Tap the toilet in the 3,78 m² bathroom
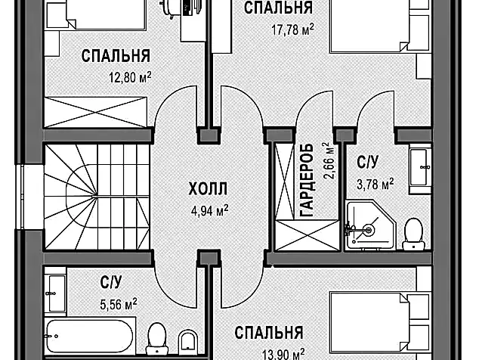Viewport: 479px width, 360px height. [x=413, y=233]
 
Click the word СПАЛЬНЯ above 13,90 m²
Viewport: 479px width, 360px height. [x=268, y=333]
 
